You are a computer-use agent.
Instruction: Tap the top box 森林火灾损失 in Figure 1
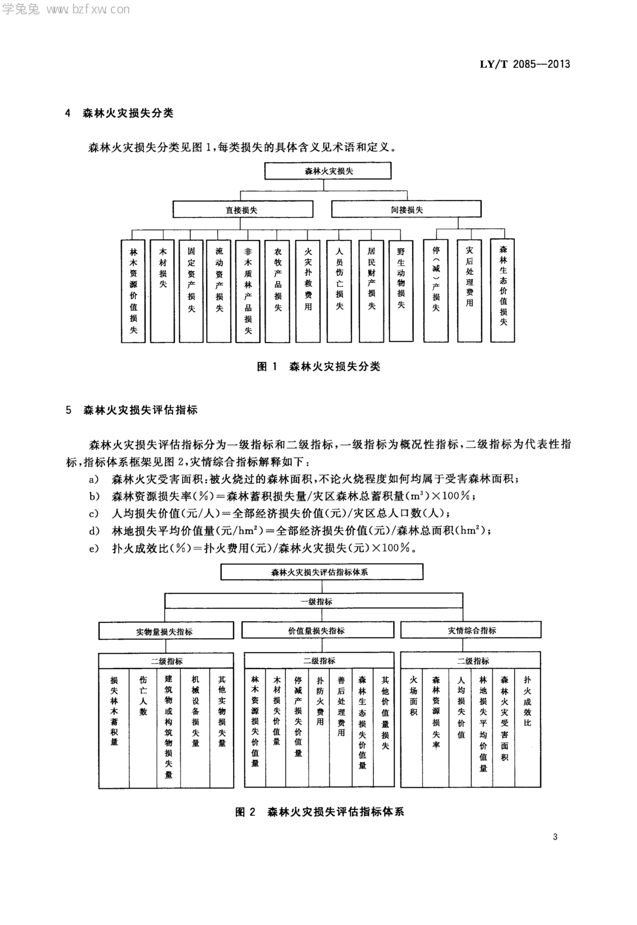(x=328, y=171)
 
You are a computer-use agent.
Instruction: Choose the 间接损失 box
(x=406, y=210)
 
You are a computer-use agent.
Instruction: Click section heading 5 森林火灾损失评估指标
(x=132, y=410)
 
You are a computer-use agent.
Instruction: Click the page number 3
(x=555, y=837)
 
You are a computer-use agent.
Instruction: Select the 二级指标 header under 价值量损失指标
(x=319, y=661)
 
